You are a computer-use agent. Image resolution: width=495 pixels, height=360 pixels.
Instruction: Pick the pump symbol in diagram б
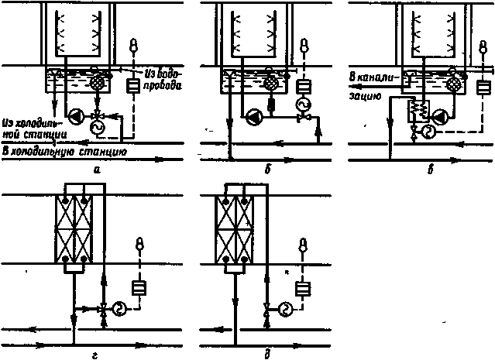(253, 118)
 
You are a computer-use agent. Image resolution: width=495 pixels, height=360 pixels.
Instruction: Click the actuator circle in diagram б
(304, 107)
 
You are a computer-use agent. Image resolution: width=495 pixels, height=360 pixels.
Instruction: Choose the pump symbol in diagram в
(442, 116)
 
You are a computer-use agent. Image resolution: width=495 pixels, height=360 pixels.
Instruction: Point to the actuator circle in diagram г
(121, 307)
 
